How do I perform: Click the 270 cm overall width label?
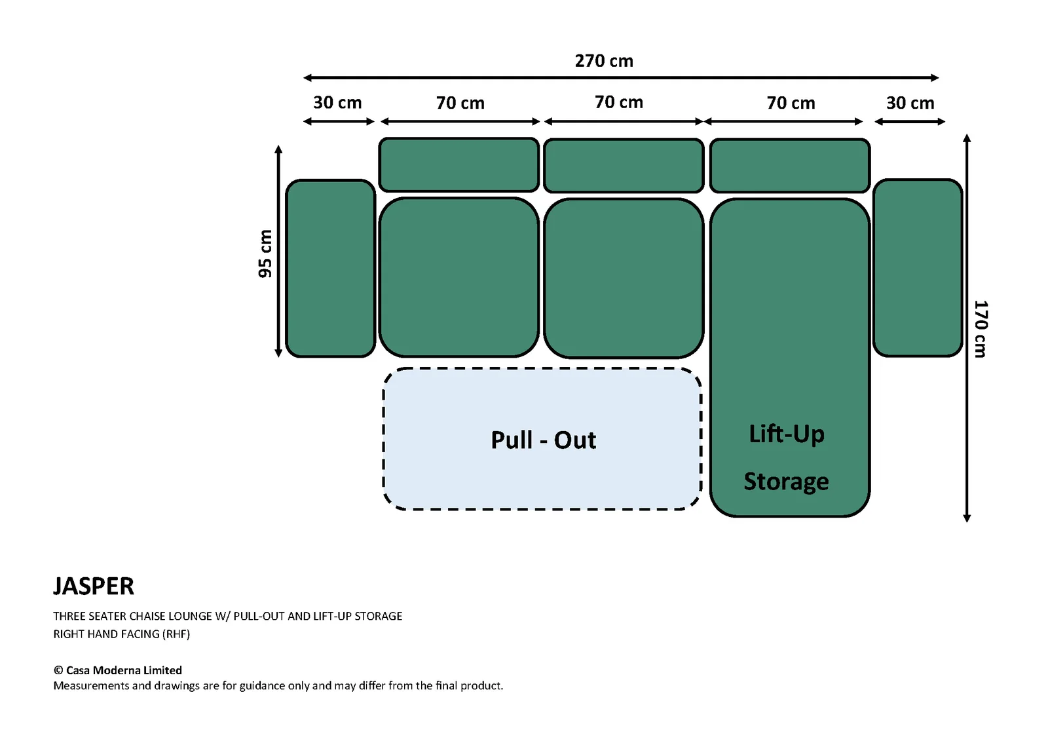point(604,61)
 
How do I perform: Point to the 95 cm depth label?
point(265,254)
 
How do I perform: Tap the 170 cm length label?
point(980,329)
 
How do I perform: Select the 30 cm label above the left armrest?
point(337,102)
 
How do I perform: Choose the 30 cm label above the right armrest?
point(910,103)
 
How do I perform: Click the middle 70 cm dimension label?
point(619,102)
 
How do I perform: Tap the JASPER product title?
point(94,586)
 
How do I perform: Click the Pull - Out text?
point(543,440)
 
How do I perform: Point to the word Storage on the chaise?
point(786,482)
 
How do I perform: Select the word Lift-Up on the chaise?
point(787,434)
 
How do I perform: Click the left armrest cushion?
point(330,268)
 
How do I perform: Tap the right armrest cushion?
point(918,268)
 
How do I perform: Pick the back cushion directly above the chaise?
point(790,165)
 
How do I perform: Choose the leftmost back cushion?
point(459,164)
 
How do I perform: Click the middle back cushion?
point(624,165)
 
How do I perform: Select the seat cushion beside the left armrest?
point(459,278)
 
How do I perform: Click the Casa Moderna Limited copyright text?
point(117,670)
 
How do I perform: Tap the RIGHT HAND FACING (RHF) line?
point(122,634)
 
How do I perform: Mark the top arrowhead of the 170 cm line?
point(967,138)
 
